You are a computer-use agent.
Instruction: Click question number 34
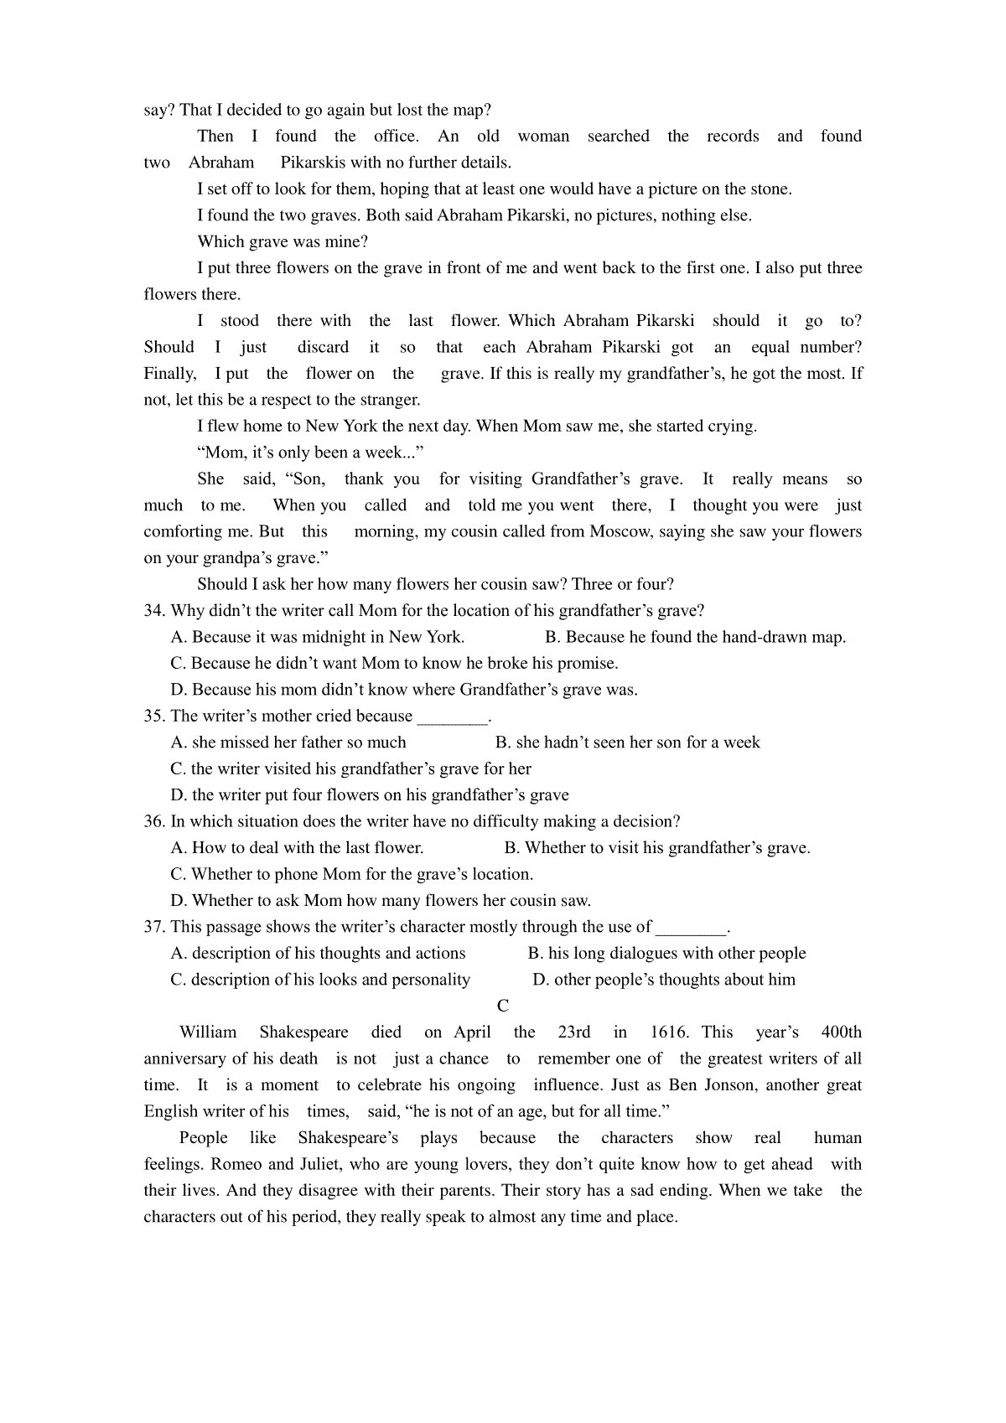click(155, 611)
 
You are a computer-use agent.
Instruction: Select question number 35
click(155, 717)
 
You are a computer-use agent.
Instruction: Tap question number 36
click(155, 822)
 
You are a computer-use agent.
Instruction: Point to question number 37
click(155, 927)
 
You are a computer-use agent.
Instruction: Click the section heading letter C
click(503, 1006)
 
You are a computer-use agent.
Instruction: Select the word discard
click(323, 347)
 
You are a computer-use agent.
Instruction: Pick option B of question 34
click(695, 637)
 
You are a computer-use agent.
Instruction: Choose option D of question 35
click(370, 795)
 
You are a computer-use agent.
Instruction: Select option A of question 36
click(297, 848)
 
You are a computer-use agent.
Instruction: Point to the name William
click(208, 1032)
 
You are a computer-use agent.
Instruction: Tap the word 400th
click(841, 1032)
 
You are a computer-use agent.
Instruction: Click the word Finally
click(170, 374)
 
